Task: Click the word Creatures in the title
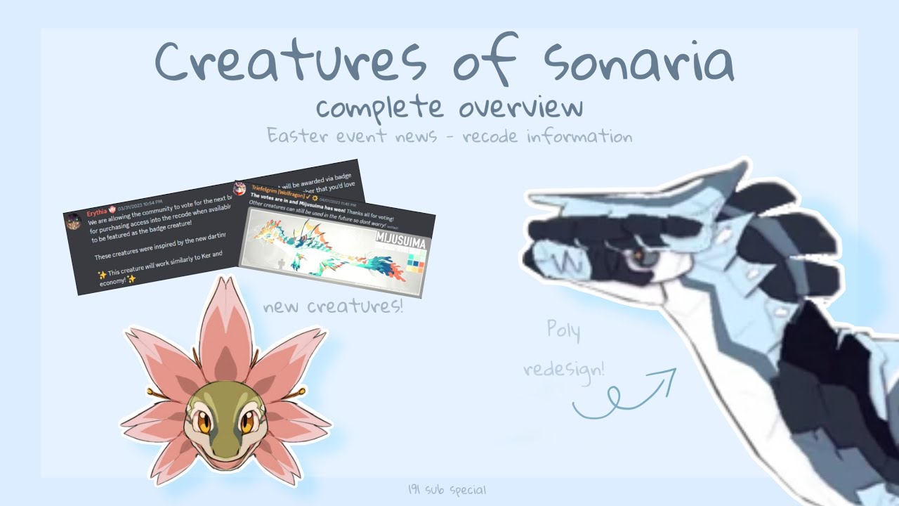tap(289, 62)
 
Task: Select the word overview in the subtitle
tap(521, 108)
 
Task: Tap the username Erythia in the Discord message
tap(101, 211)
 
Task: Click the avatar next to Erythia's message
tap(73, 221)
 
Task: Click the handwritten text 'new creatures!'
tap(333, 306)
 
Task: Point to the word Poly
tap(563, 330)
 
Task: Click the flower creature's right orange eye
tap(247, 422)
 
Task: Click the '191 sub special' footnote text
tap(447, 490)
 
